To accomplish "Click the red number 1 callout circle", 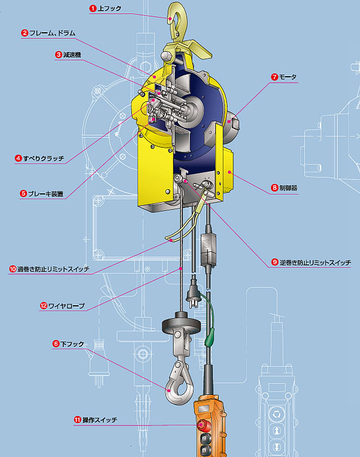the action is pyautogui.click(x=93, y=8).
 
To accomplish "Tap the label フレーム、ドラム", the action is pyautogui.click(x=53, y=33).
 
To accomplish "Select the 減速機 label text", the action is pyautogui.click(x=72, y=54).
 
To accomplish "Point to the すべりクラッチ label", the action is pyautogui.click(x=44, y=158).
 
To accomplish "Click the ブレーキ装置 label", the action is pyautogui.click(x=46, y=193).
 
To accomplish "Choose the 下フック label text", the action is pyautogui.click(x=72, y=344).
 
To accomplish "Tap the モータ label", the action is pyautogui.click(x=288, y=77).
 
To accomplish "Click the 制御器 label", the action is pyautogui.click(x=288, y=187).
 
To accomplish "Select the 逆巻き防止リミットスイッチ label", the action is pyautogui.click(x=315, y=262).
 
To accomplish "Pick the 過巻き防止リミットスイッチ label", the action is pyautogui.click(x=53, y=269).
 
